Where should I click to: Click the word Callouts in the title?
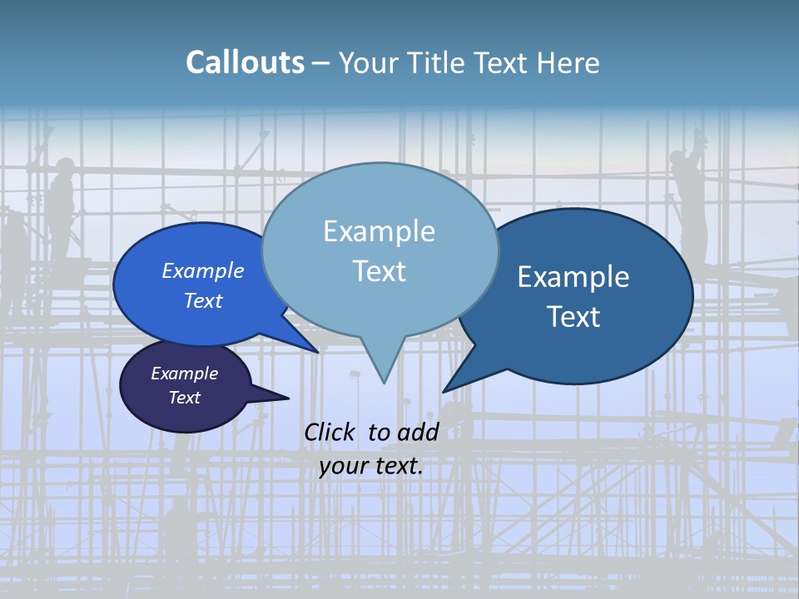pyautogui.click(x=245, y=62)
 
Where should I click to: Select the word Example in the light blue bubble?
pyautogui.click(x=379, y=231)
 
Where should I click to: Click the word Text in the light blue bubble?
pyautogui.click(x=379, y=271)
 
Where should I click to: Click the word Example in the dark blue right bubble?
pyautogui.click(x=573, y=277)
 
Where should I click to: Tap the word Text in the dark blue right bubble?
pyautogui.click(x=573, y=317)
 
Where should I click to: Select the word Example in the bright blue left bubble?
pyautogui.click(x=203, y=271)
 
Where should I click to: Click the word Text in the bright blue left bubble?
pyautogui.click(x=203, y=301)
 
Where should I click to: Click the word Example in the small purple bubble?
pyautogui.click(x=185, y=374)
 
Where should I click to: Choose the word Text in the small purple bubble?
pyautogui.click(x=185, y=398)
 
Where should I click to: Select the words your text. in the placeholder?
pyautogui.click(x=371, y=466)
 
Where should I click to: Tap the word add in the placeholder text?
pyautogui.click(x=419, y=432)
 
